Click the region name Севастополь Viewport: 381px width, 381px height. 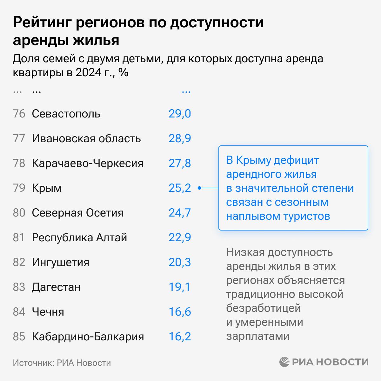click(66, 114)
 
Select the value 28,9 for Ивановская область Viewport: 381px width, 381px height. click(180, 138)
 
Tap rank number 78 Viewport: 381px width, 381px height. click(19, 163)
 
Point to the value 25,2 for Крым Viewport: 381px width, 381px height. click(180, 188)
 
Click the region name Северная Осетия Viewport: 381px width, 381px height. click(77, 213)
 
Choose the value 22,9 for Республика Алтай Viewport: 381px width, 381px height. click(180, 237)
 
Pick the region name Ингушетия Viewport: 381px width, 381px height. click(61, 262)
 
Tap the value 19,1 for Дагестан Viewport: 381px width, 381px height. click(180, 287)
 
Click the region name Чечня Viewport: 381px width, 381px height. click(48, 312)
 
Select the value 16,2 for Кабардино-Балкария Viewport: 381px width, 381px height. click(180, 337)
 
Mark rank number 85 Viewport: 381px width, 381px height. click(19, 337)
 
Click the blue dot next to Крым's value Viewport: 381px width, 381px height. click(199, 188)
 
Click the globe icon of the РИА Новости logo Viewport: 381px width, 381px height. click(284, 362)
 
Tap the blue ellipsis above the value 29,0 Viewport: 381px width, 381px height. click(186, 92)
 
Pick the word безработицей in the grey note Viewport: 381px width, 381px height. click(263, 308)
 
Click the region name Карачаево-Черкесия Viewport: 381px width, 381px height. click(88, 163)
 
